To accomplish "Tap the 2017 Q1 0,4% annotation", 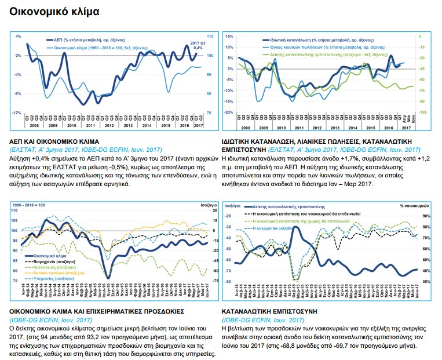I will [x=198, y=45].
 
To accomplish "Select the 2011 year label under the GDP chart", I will [x=90, y=125].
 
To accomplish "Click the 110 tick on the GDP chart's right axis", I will [x=210, y=36].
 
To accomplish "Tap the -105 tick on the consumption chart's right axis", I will [x=422, y=112].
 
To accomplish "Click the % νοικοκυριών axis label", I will [x=414, y=206].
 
